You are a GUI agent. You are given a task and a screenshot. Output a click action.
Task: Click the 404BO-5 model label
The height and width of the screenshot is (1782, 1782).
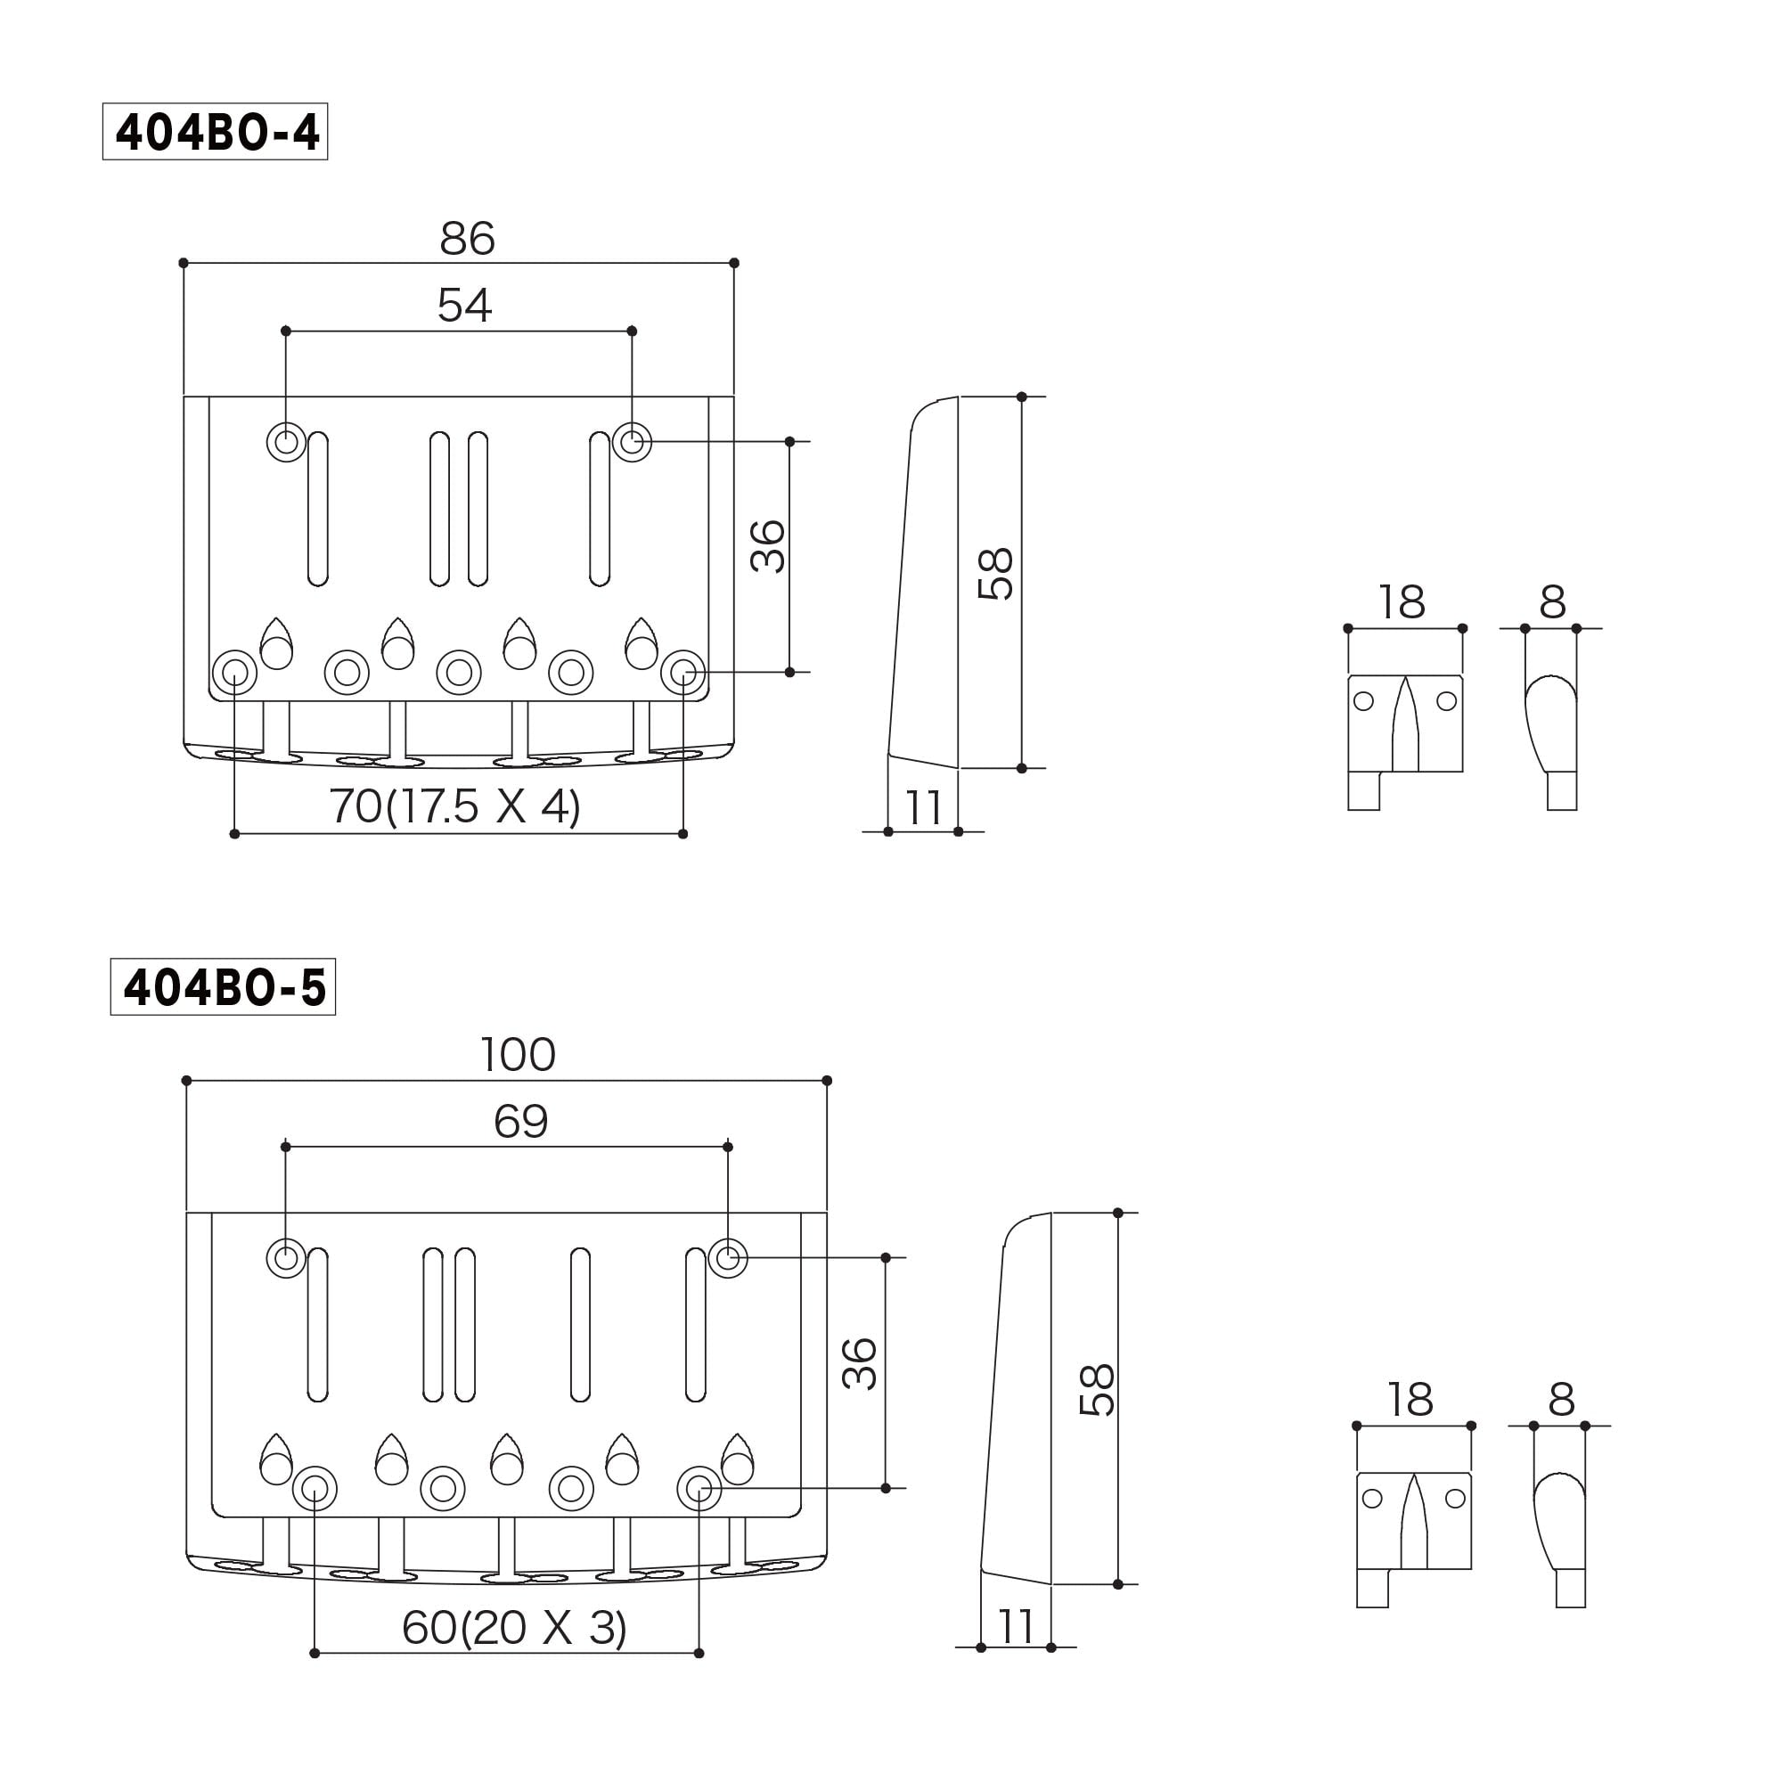point(224,988)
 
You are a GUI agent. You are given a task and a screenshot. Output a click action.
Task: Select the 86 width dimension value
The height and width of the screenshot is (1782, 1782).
point(467,239)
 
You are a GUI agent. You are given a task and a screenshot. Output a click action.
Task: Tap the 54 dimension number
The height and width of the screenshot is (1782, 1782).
point(464,306)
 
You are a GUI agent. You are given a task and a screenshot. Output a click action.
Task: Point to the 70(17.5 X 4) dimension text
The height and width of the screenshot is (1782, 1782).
point(454,806)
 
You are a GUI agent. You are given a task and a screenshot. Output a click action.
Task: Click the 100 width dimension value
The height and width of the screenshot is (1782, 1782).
point(518,1055)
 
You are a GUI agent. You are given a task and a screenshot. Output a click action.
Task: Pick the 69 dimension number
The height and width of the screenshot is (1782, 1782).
point(520,1123)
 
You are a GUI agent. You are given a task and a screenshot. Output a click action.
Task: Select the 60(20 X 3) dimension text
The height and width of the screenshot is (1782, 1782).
point(514,1628)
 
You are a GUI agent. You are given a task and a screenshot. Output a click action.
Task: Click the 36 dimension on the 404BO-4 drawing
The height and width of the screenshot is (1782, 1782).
point(767,546)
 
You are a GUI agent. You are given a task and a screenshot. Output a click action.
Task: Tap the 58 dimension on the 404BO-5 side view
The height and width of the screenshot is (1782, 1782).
point(1097,1390)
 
